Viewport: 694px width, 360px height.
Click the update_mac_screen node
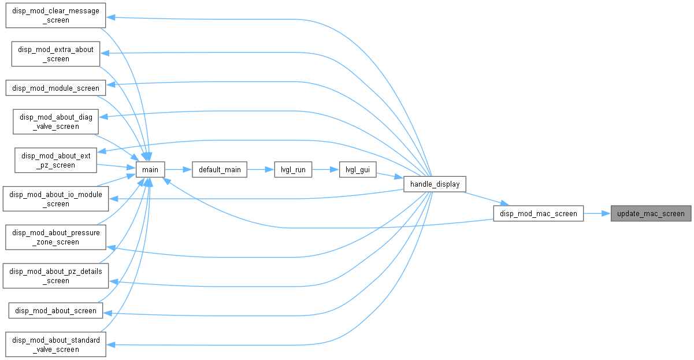651,213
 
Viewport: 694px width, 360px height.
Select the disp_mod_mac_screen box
539,213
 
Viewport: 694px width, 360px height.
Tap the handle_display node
435,184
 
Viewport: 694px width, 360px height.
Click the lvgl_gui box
358,169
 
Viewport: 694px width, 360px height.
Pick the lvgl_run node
293,169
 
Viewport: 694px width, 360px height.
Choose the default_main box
220,169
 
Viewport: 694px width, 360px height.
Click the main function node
150,169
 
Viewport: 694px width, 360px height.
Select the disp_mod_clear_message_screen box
56,16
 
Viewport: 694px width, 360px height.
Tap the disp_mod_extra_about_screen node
56,54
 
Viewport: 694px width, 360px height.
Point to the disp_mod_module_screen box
56,88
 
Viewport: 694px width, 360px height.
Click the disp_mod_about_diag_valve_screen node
56,122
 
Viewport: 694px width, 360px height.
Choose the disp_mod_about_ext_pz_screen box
56,160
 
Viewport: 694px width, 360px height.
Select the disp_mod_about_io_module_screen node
56,199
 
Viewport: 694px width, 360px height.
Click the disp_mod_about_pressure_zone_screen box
56,237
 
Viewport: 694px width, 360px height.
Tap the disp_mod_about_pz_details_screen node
56,276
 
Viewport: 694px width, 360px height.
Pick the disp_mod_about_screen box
56,310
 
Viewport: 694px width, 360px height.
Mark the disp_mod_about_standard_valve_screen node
56,344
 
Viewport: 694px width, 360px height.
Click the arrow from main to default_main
179,169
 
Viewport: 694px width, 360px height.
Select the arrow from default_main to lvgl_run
261,169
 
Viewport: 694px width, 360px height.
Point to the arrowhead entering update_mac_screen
606,213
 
